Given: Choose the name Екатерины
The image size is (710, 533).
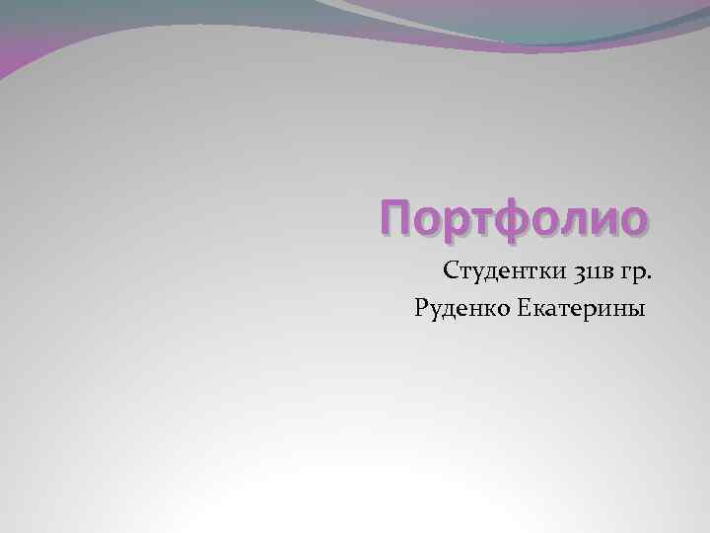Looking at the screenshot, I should pyautogui.click(x=583, y=310).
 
